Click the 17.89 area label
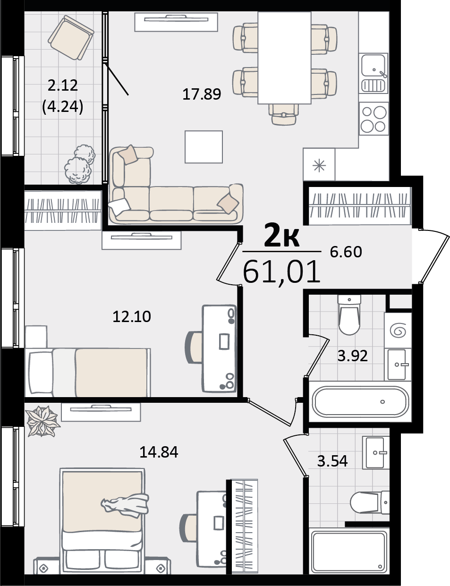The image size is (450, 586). [202, 94]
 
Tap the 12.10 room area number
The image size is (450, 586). [132, 316]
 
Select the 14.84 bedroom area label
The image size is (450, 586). [159, 452]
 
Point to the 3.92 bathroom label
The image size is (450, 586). [353, 356]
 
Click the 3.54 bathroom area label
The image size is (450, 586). [332, 461]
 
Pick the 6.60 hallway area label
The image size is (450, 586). [346, 252]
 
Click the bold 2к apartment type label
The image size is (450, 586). [282, 237]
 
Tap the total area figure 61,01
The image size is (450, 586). [282, 271]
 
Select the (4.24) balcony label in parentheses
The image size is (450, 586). [62, 107]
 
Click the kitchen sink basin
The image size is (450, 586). [373, 65]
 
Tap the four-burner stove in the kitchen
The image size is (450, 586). [374, 119]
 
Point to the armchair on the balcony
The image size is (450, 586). [71, 37]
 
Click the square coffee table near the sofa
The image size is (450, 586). [204, 147]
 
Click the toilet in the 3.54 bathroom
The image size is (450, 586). [370, 503]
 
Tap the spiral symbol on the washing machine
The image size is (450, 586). [398, 331]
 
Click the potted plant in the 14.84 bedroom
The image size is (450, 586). [42, 422]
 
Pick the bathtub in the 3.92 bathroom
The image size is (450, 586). [360, 401]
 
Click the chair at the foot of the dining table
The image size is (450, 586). [283, 114]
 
